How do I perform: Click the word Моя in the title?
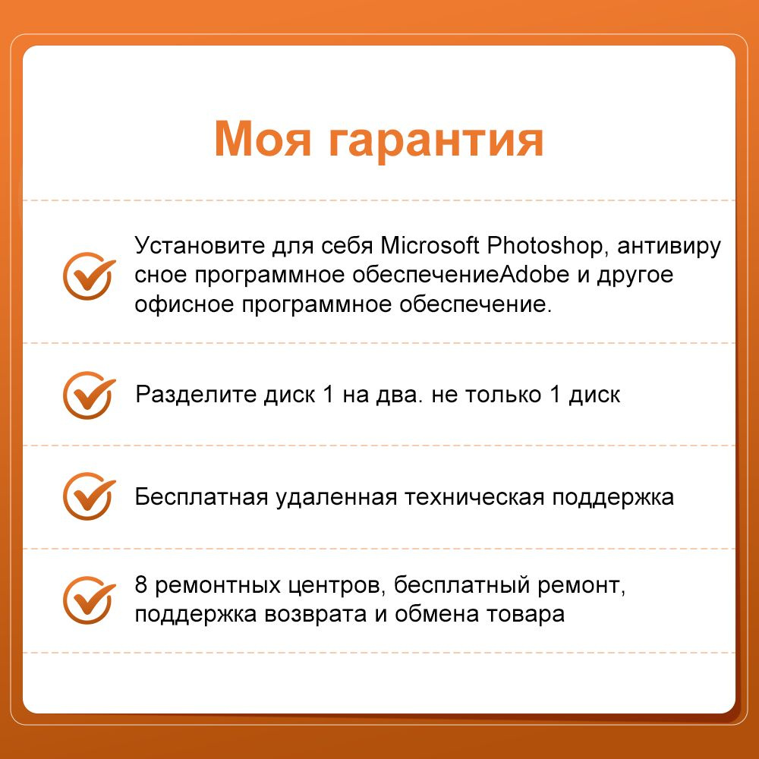[x=263, y=139]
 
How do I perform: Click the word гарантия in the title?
[x=436, y=143]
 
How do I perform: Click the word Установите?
[x=200, y=246]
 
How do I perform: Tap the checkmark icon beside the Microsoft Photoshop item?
[x=89, y=276]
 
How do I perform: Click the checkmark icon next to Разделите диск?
[x=89, y=395]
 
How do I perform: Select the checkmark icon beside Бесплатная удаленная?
[x=89, y=496]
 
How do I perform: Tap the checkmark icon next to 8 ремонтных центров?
[x=89, y=600]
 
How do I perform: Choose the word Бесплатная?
[x=201, y=497]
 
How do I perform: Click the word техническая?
[x=475, y=497]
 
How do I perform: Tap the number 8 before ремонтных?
[x=141, y=584]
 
